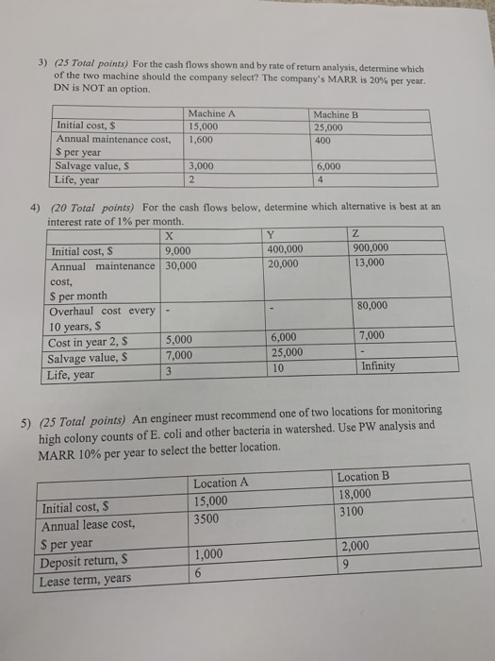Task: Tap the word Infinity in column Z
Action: click(x=377, y=365)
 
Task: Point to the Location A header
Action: click(x=220, y=483)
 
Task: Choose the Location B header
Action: click(x=363, y=476)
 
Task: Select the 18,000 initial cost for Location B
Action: click(x=355, y=494)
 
